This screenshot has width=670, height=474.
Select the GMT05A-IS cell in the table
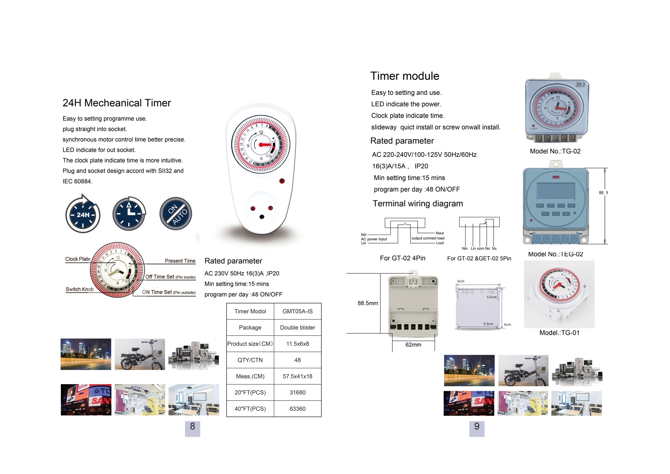click(297, 311)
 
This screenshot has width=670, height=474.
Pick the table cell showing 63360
click(297, 409)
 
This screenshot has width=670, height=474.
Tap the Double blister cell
click(297, 327)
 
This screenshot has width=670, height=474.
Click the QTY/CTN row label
click(250, 360)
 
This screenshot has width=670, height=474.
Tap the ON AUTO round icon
click(176, 214)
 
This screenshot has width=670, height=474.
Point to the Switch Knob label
click(80, 289)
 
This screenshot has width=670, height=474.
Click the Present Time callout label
click(180, 261)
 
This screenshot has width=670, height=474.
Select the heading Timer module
click(405, 76)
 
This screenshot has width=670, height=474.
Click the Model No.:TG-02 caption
click(555, 151)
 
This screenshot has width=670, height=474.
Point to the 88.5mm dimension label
click(368, 303)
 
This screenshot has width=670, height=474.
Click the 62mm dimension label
click(413, 345)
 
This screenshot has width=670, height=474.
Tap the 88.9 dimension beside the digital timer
click(603, 193)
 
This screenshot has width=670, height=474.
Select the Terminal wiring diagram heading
click(418, 204)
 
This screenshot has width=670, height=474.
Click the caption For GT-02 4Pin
click(402, 258)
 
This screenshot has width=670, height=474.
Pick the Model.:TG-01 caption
click(559, 333)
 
